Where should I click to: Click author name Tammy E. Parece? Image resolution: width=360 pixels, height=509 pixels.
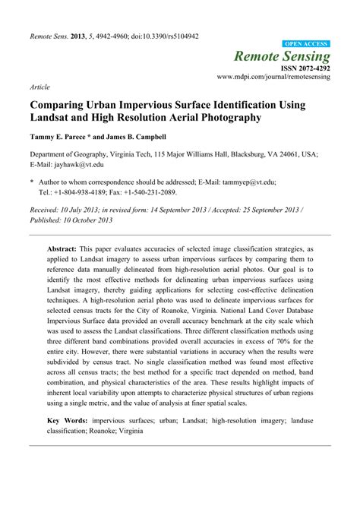point(61,137)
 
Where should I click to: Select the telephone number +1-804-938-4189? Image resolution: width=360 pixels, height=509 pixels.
point(80,192)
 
